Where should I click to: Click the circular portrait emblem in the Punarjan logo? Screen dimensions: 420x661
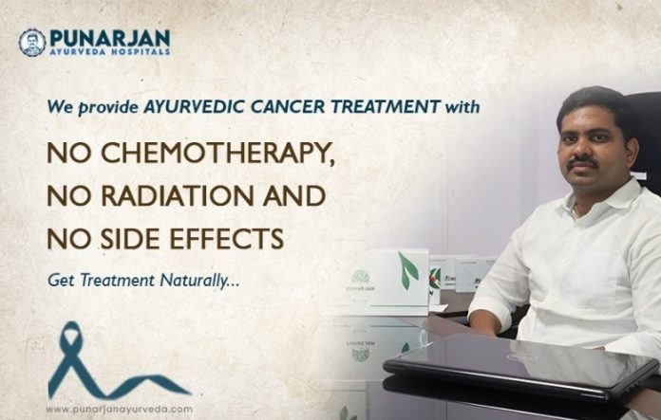pos(32,42)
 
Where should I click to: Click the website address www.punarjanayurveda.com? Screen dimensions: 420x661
pos(118,409)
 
